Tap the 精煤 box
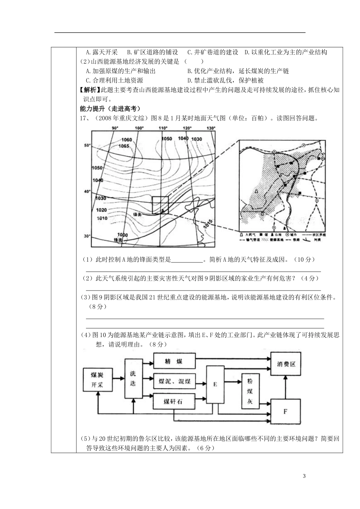[x=174, y=361]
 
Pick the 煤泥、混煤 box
[x=174, y=381]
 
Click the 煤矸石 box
[x=174, y=401]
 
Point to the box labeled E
[x=215, y=384]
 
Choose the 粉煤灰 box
[x=250, y=391]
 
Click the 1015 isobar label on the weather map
[x=206, y=225]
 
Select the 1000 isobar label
[x=123, y=235]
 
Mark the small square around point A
[x=160, y=205]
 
